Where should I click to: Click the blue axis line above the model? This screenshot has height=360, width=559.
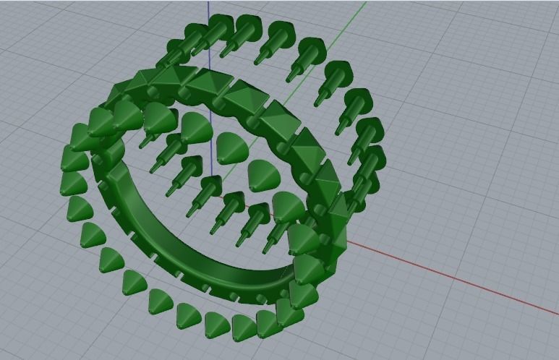208,9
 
